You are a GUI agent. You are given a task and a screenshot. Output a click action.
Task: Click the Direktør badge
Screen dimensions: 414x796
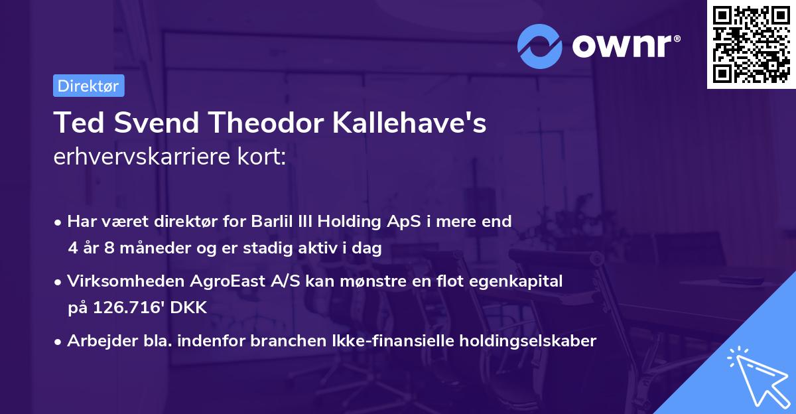coord(88,86)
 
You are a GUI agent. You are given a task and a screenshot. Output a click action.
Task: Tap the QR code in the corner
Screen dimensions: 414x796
coord(750,44)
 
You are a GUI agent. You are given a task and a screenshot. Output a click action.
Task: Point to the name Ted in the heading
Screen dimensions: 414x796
coord(76,123)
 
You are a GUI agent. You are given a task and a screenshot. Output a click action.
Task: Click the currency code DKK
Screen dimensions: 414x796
coord(190,308)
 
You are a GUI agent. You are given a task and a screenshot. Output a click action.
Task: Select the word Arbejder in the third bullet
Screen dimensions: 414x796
coord(98,341)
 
